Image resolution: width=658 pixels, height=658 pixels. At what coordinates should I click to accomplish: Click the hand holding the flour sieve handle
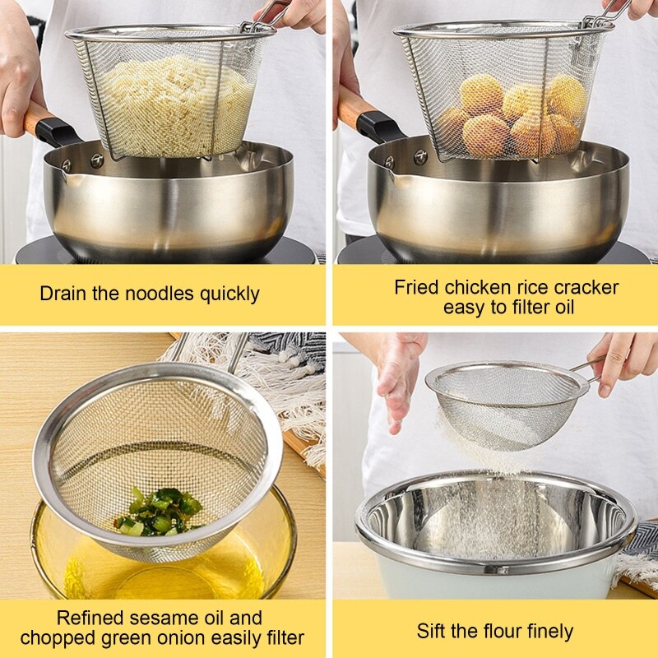click(x=621, y=362)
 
